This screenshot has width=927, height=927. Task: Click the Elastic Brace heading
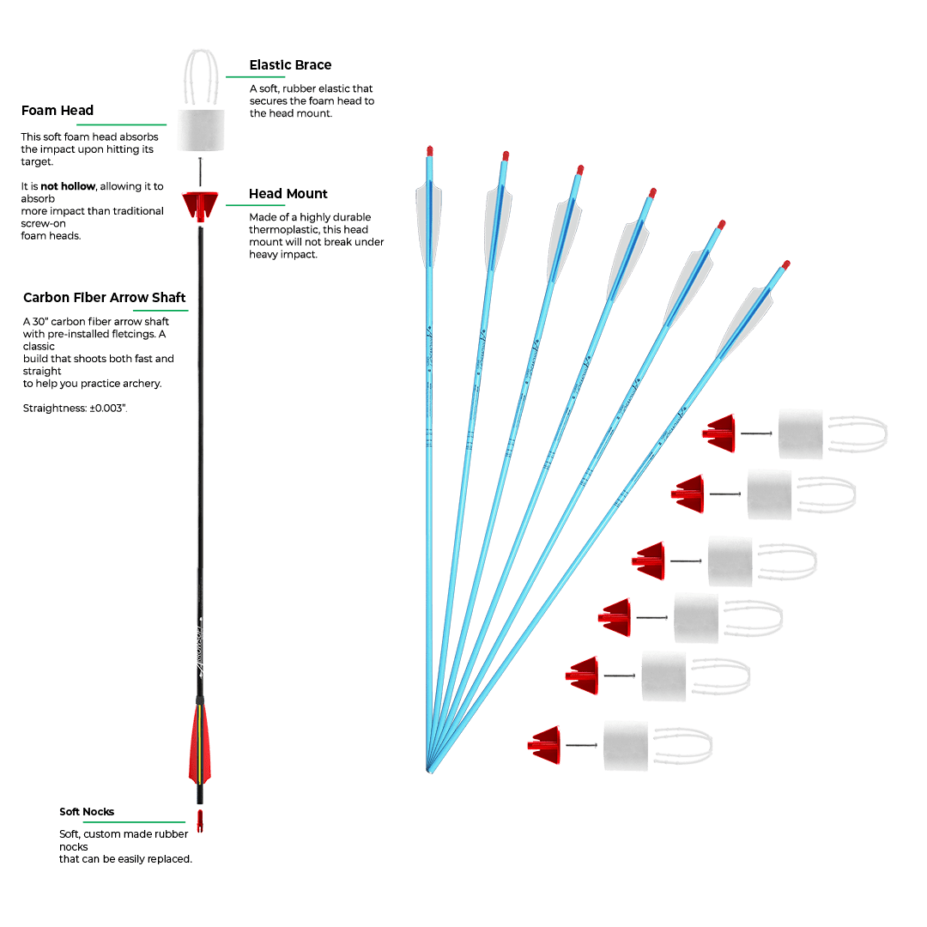289,65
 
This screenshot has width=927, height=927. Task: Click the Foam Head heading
58,111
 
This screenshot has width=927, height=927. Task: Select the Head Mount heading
288,194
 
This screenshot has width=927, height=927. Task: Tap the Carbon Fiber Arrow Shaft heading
104,298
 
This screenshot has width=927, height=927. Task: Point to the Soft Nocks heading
87,811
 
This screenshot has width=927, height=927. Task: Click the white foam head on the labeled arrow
201,130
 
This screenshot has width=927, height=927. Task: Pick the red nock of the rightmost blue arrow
786,265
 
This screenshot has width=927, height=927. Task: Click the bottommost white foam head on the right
626,742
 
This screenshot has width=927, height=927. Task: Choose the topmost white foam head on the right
800,433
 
